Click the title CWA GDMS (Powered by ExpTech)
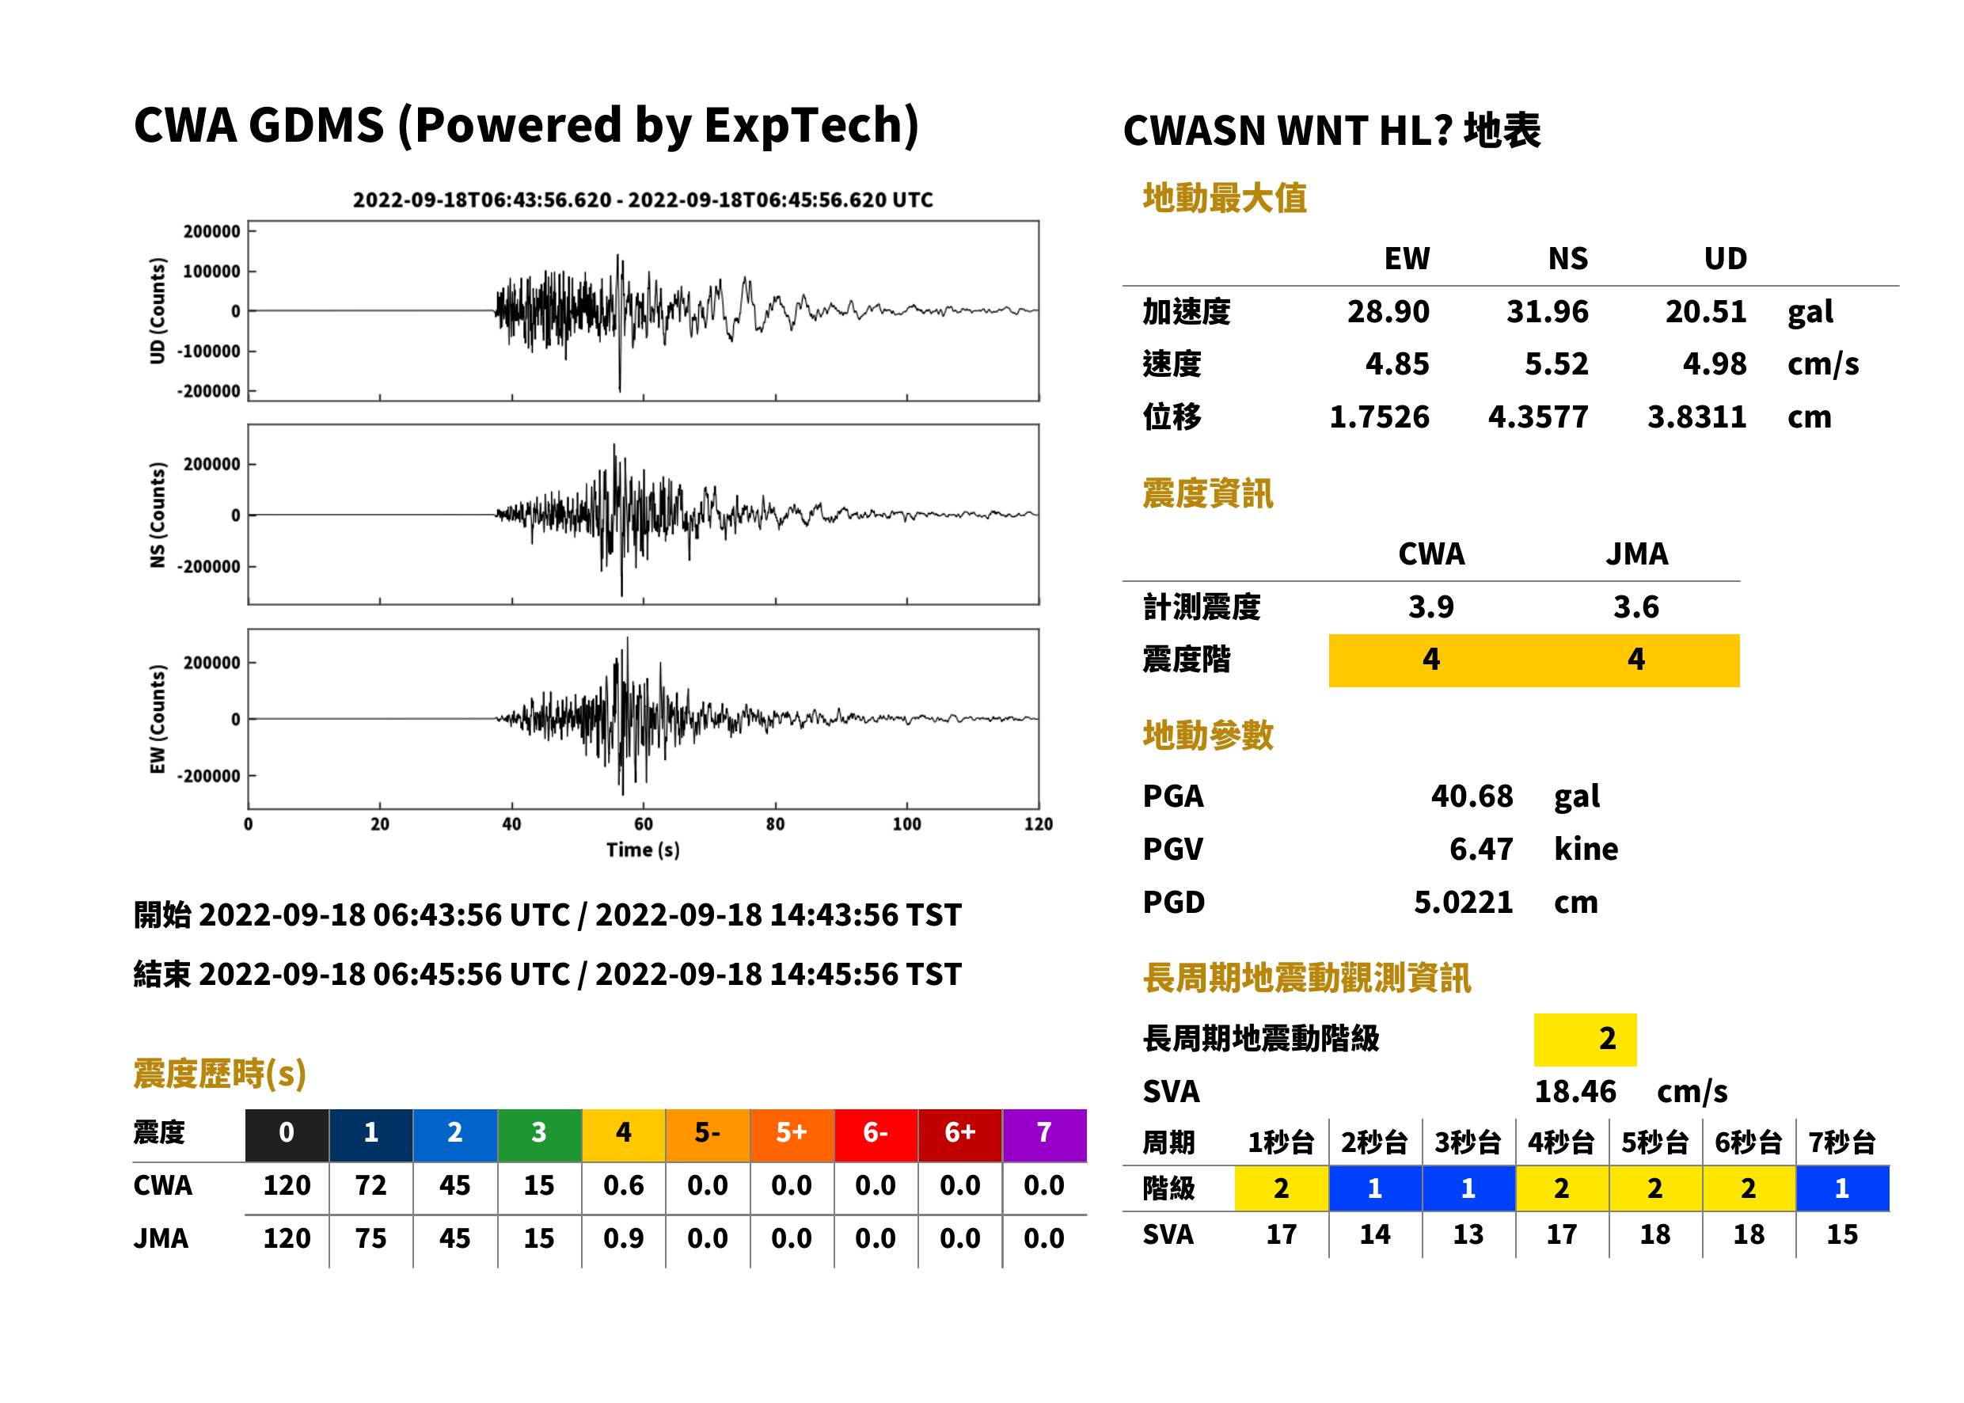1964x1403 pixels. click(x=526, y=126)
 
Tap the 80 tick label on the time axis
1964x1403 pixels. click(x=775, y=824)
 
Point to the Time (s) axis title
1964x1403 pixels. click(x=643, y=850)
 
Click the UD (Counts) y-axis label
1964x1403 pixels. click(x=158, y=311)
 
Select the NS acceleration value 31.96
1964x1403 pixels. click(x=1547, y=312)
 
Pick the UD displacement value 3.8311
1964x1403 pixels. click(x=1696, y=417)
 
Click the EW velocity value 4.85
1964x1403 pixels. click(x=1396, y=364)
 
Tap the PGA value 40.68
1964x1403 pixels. click(x=1472, y=796)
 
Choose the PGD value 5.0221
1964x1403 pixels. click(x=1463, y=902)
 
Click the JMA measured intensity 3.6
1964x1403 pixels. click(x=1635, y=606)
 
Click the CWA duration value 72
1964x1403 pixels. click(x=370, y=1185)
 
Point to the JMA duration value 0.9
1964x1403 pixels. click(x=623, y=1238)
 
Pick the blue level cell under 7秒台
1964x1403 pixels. click(x=1842, y=1188)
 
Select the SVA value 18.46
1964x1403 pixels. click(x=1575, y=1091)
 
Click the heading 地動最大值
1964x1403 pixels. click(x=1224, y=198)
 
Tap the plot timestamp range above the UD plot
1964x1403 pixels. click(x=643, y=200)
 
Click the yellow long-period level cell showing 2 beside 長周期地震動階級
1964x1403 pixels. click(x=1585, y=1039)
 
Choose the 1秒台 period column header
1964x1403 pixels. click(x=1281, y=1142)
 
